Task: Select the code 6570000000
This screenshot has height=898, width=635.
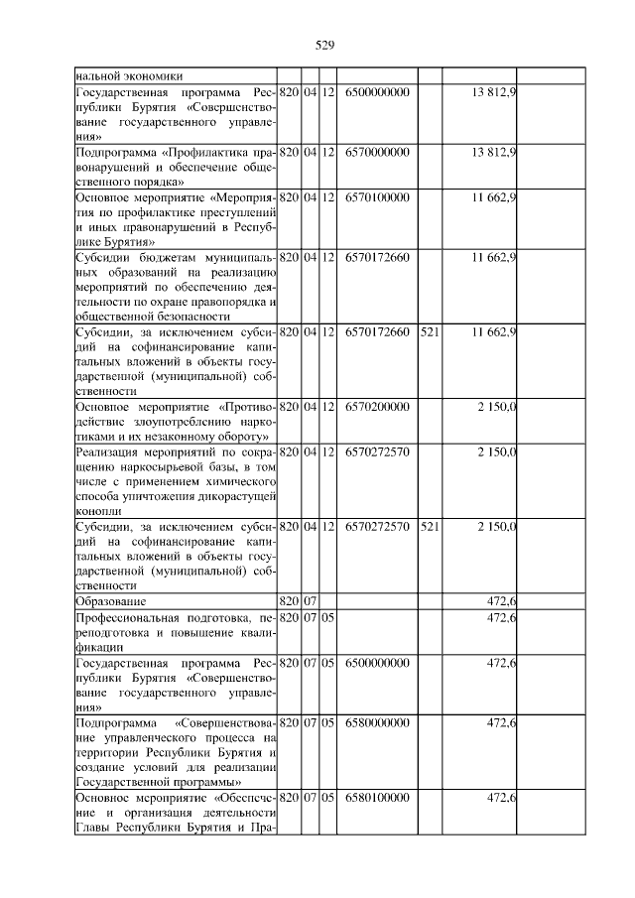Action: pos(377,152)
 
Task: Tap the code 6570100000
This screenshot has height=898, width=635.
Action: pos(377,197)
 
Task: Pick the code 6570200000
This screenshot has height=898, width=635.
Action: pos(377,408)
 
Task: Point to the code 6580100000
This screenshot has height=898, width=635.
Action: pos(377,799)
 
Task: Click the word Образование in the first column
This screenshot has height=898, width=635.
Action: pos(111,601)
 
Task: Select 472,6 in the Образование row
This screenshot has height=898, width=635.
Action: pos(500,601)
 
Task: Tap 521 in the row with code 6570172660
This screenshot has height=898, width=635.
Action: pos(430,331)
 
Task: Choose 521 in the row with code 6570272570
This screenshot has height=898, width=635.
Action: pos(430,527)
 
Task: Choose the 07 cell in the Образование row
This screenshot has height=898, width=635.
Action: pos(309,601)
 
